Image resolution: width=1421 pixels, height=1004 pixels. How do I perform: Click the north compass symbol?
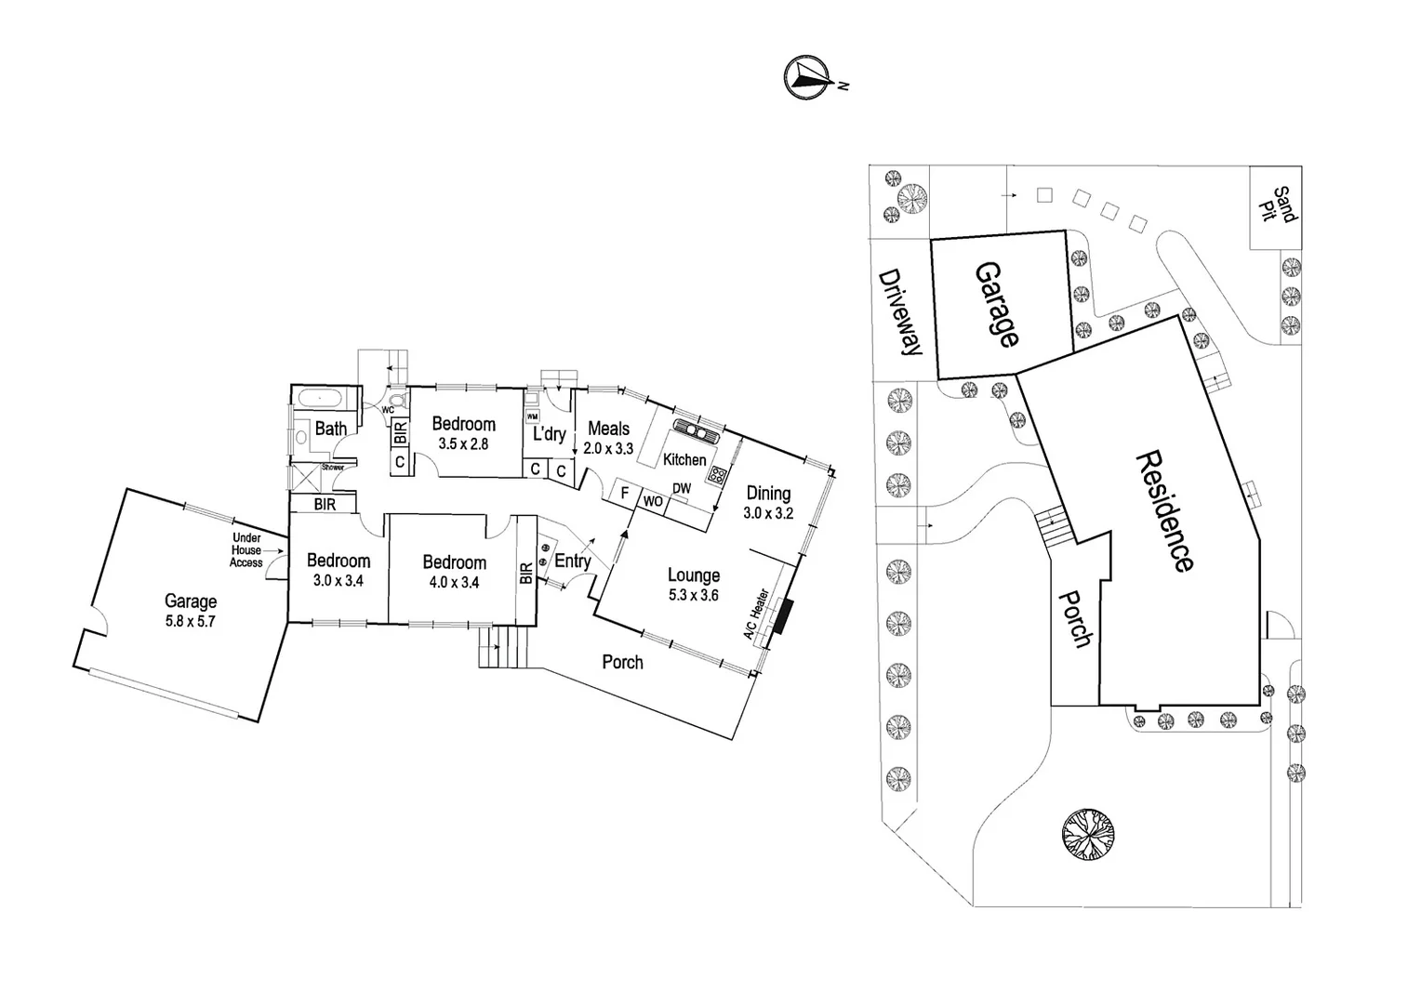point(805,77)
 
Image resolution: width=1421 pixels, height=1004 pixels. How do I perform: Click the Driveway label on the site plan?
point(900,313)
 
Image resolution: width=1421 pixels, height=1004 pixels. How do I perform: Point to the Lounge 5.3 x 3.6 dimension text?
point(693,596)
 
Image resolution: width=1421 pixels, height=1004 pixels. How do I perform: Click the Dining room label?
point(768,494)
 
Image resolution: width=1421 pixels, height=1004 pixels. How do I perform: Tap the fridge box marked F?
point(625,493)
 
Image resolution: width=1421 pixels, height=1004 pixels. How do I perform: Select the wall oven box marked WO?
point(653,501)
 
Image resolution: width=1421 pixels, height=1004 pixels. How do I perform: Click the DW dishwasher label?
point(682,488)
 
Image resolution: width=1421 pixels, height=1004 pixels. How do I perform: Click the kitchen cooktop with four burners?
point(718,475)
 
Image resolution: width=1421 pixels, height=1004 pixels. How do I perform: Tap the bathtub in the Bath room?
point(320,398)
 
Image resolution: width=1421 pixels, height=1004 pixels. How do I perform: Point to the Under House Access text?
point(246,549)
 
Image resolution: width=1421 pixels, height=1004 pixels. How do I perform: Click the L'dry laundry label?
point(549,434)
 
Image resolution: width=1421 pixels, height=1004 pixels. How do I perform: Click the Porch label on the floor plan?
point(622,662)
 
